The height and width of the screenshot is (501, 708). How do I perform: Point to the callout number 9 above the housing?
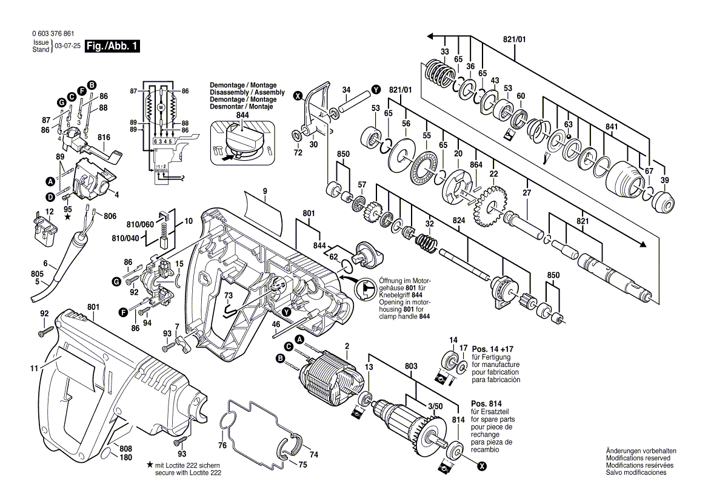tap(265, 192)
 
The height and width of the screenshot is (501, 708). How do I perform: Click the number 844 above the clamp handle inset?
tap(242, 115)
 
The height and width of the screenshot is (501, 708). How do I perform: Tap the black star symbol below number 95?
tap(68, 217)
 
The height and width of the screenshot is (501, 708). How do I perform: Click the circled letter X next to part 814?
tap(482, 466)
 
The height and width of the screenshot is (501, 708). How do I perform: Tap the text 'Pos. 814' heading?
tap(486, 403)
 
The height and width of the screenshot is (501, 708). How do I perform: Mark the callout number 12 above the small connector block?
tap(41, 212)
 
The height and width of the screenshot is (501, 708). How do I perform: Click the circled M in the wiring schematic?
tap(161, 107)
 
